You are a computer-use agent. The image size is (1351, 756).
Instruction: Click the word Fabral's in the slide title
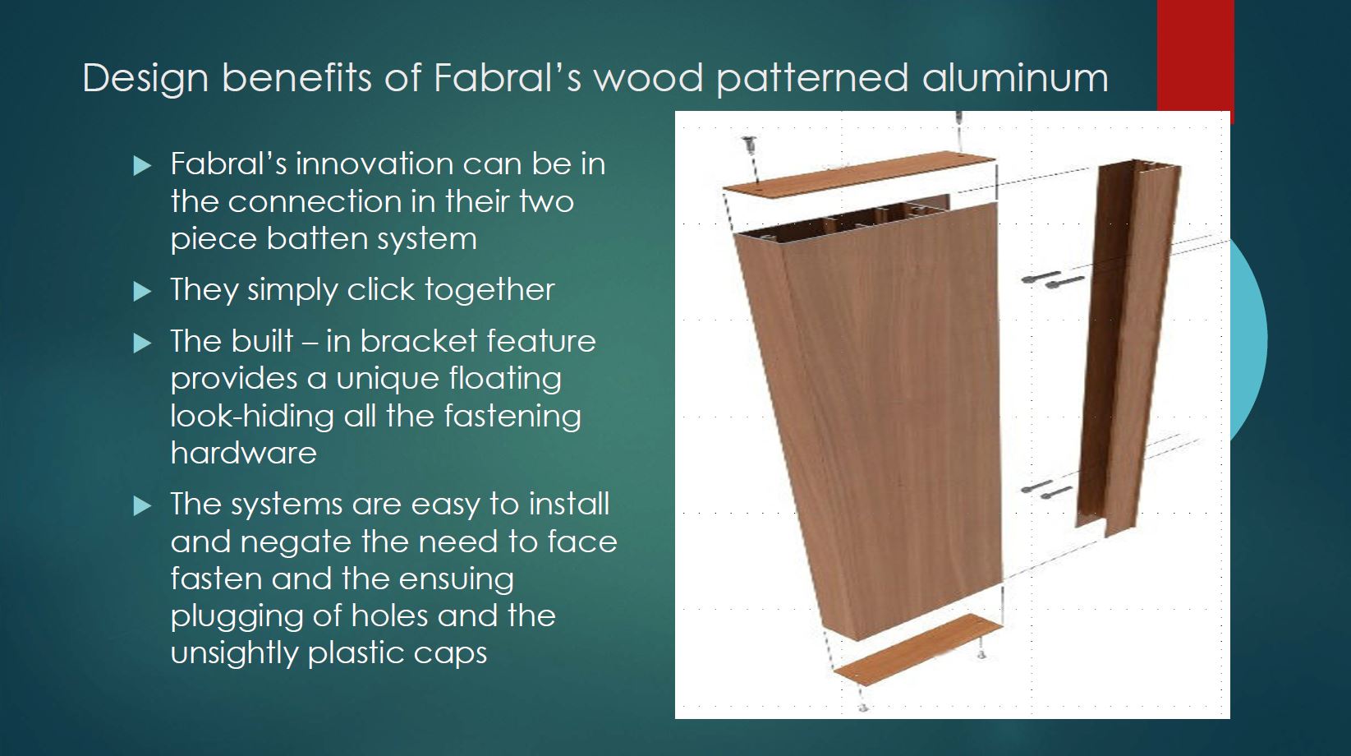coord(508,77)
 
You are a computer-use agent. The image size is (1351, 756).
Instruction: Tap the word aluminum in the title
coord(1015,77)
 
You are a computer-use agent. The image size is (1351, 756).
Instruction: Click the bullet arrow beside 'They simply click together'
coord(142,291)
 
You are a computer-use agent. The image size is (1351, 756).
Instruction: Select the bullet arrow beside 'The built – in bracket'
coord(142,343)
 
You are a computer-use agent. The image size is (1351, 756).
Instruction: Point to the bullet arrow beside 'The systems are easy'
coord(142,505)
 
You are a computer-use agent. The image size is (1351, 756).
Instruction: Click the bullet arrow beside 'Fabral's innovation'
coord(142,165)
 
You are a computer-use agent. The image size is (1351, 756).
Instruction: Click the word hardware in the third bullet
coord(244,453)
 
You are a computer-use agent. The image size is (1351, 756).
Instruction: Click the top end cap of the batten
coord(859,173)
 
